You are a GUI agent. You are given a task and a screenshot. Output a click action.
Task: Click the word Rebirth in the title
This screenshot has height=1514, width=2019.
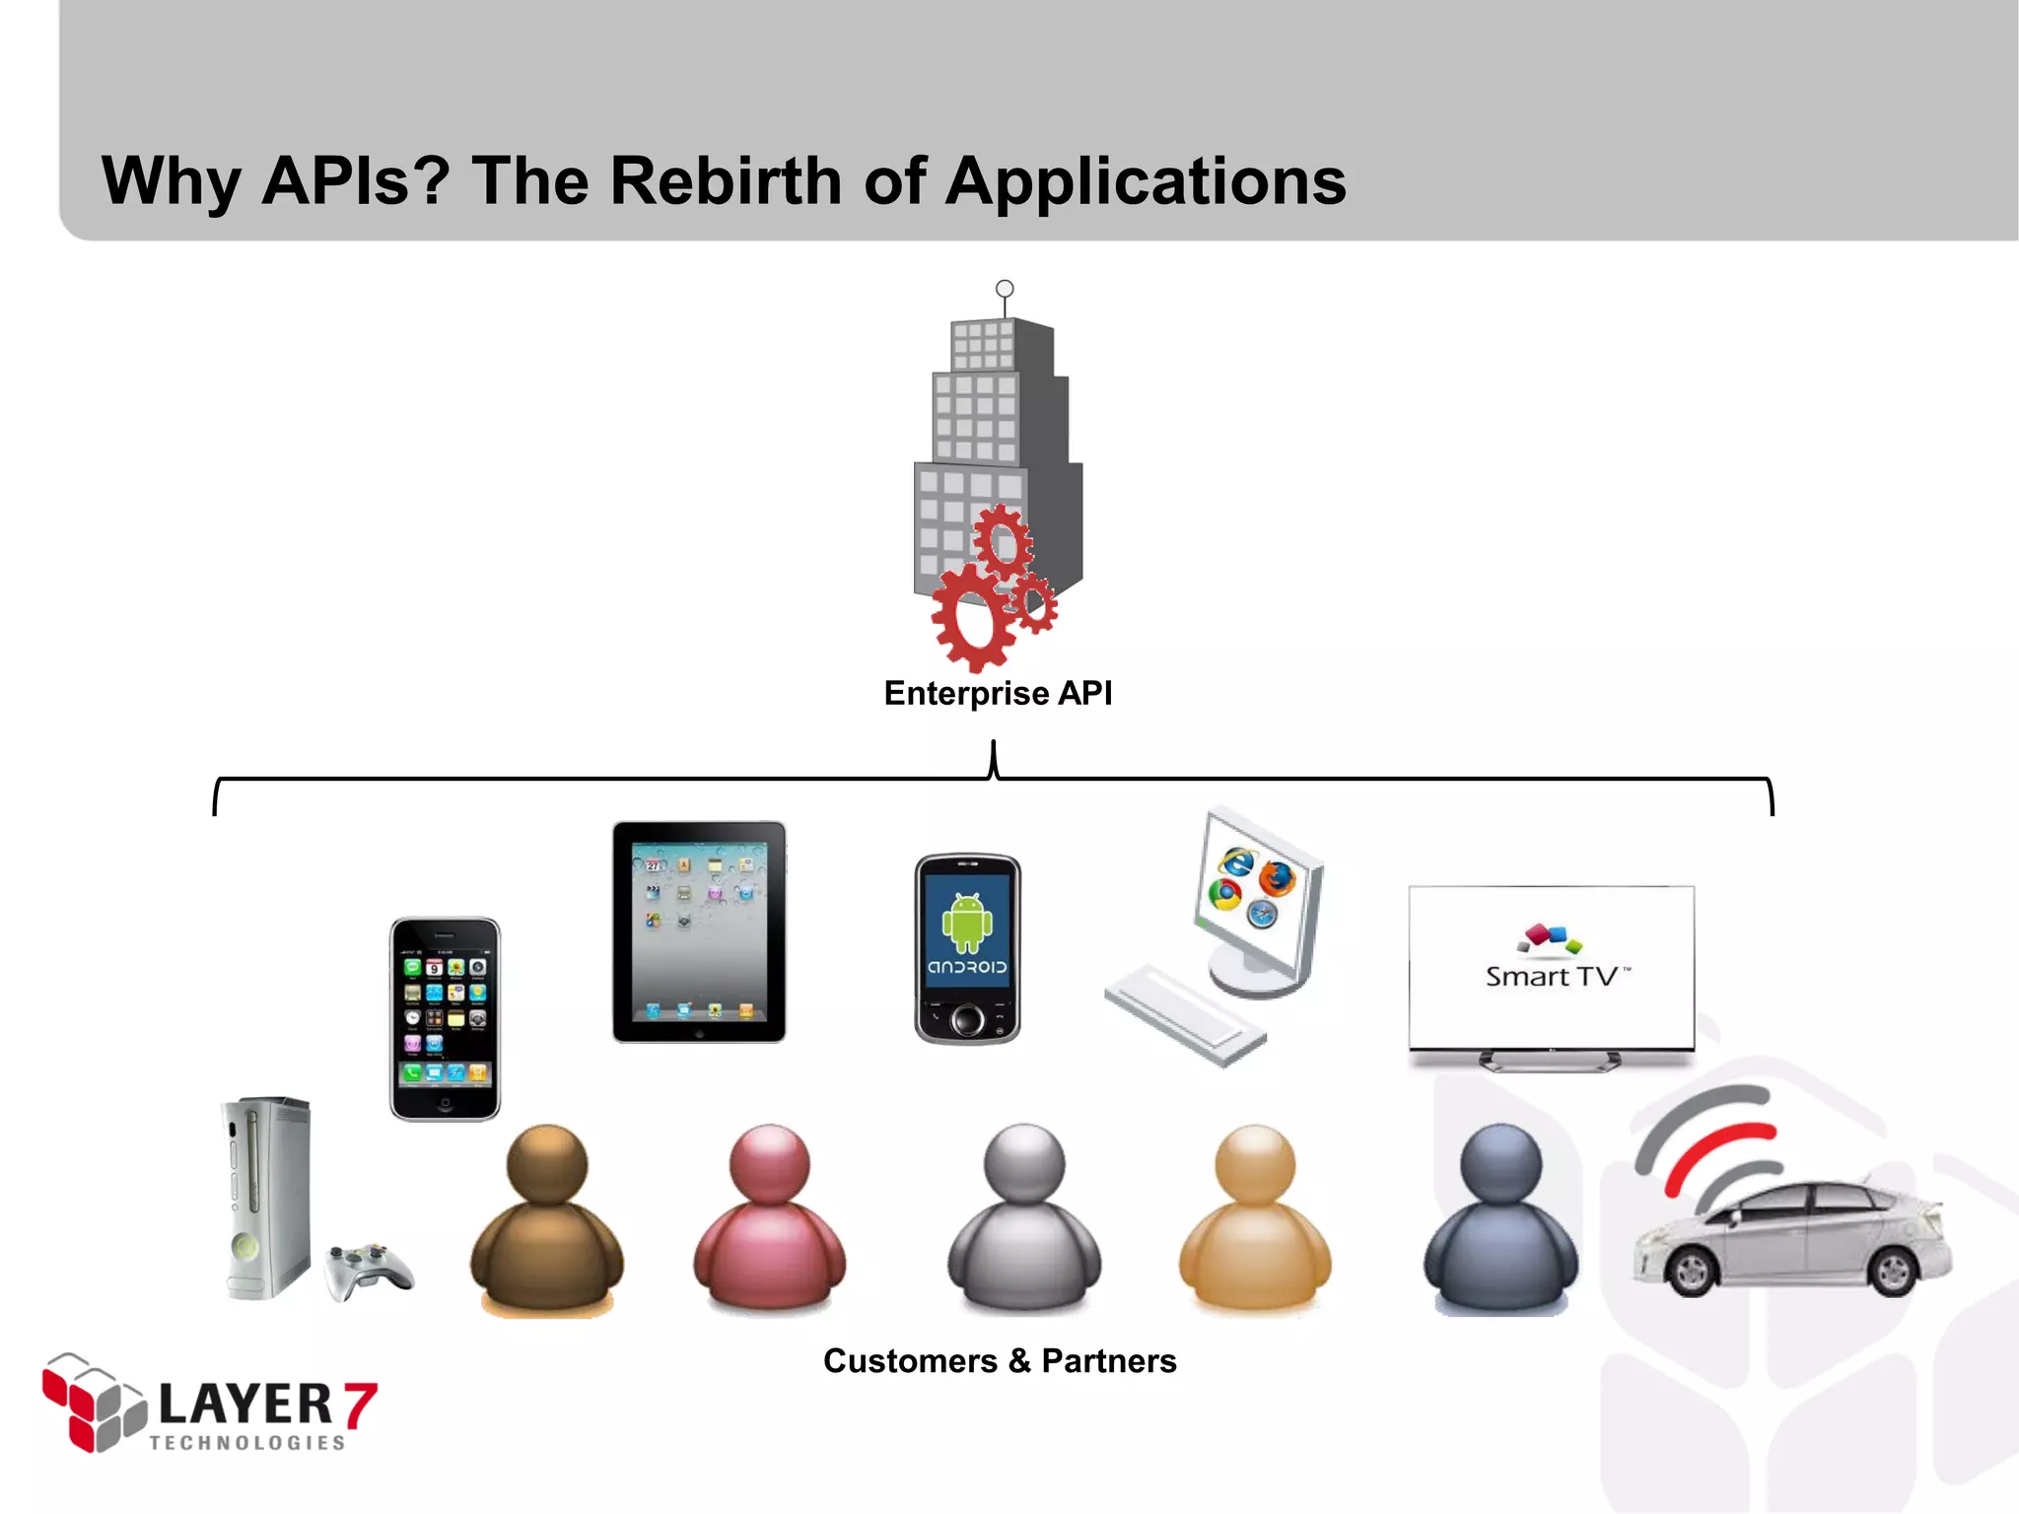(725, 181)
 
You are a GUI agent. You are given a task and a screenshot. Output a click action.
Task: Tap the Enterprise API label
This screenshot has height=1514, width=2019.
(998, 693)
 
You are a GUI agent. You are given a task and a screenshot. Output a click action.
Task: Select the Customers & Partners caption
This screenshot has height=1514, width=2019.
(1000, 1361)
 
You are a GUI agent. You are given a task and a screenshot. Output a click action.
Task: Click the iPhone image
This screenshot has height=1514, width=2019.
(445, 1019)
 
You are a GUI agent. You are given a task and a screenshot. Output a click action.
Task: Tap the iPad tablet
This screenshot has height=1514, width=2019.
(699, 931)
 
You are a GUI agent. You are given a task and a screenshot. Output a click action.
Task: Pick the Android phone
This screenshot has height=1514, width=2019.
(967, 948)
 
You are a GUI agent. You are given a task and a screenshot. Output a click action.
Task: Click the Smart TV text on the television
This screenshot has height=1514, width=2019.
(1553, 977)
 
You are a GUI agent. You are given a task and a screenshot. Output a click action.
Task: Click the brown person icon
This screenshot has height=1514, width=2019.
(546, 1222)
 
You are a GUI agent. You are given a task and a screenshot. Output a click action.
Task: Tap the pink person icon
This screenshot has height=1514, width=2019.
(769, 1222)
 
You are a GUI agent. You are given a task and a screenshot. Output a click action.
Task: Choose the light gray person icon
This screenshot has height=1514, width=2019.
(1024, 1222)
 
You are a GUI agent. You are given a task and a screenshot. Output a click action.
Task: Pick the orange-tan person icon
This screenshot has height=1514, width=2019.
(1255, 1222)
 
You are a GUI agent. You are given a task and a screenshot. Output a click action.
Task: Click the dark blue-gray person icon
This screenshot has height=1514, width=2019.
(1500, 1222)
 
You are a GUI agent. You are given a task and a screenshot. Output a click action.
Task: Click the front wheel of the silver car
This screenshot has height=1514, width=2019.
(1692, 1272)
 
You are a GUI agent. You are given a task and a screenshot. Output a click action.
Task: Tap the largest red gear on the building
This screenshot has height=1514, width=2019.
(973, 617)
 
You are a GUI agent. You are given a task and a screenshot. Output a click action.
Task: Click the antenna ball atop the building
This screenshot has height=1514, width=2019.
(1005, 289)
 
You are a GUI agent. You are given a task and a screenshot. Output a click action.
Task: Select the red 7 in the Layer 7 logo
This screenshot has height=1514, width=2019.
(360, 1405)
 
